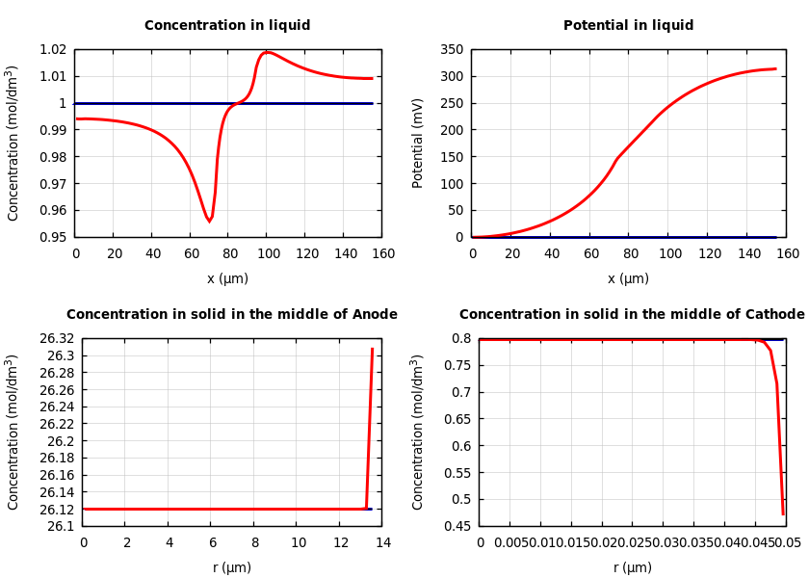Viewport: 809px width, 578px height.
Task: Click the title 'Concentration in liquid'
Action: coord(227,26)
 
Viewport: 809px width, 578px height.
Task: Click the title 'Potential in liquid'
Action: coord(628,26)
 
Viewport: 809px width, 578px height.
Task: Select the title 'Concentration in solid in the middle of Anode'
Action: coord(231,315)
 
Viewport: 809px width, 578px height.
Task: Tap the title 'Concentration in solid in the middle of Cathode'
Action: coord(632,315)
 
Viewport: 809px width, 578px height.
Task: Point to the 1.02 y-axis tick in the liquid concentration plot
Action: coord(53,50)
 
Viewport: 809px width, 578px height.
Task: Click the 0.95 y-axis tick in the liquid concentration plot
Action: coord(53,237)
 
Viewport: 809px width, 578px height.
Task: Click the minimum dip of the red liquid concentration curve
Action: coord(209,222)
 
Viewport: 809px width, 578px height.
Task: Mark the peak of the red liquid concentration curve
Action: coord(267,52)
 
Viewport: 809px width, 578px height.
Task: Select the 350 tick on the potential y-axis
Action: coord(452,50)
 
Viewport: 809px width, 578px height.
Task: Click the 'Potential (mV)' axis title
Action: coord(418,143)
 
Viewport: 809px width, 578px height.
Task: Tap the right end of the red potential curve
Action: coord(776,68)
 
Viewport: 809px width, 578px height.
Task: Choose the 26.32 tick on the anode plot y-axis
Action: coord(58,339)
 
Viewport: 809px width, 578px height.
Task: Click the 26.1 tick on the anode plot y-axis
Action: coord(61,526)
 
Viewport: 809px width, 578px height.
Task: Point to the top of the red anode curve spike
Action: coord(373,349)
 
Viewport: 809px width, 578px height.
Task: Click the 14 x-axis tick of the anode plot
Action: coord(382,542)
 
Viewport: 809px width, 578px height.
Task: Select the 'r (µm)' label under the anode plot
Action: coord(232,567)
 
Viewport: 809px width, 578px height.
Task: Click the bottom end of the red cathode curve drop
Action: coord(783,514)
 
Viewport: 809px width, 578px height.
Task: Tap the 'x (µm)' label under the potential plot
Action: coord(628,278)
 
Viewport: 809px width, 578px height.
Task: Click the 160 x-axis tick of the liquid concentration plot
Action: coord(383,253)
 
